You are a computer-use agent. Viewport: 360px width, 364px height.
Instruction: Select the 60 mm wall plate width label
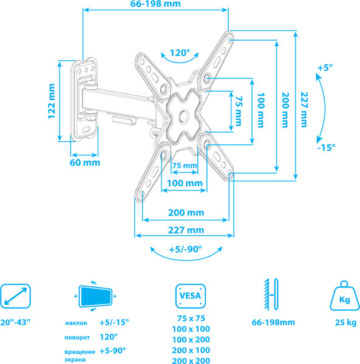84,163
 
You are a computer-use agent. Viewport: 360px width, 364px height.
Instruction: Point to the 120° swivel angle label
179,53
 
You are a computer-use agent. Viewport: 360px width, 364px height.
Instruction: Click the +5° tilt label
325,69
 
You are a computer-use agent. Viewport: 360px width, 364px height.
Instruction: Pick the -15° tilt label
326,147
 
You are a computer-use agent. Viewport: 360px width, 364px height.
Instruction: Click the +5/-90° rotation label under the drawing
186,249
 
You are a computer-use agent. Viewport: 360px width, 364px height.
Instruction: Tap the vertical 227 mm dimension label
304,109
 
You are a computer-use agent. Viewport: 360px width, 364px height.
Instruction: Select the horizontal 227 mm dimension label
186,230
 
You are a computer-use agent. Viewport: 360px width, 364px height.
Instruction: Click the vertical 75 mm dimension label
238,110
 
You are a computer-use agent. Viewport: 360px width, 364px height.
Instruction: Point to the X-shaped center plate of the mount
184,111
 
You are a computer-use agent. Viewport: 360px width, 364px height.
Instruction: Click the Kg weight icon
342,297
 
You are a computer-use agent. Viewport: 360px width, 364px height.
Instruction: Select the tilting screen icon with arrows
95,297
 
